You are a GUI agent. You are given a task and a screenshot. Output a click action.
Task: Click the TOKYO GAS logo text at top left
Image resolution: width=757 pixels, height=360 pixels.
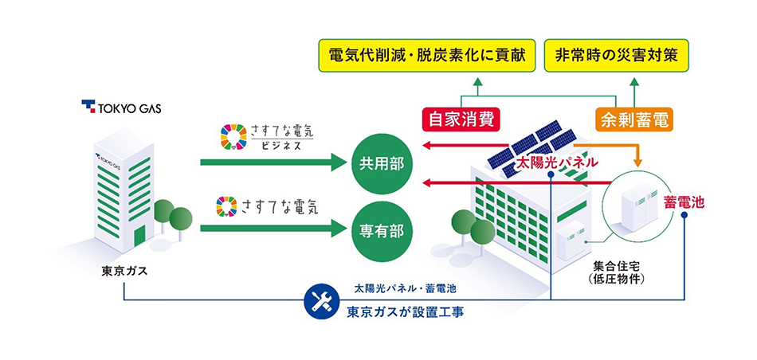(120, 107)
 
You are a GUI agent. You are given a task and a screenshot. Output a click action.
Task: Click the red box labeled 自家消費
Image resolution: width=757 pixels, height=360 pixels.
(460, 120)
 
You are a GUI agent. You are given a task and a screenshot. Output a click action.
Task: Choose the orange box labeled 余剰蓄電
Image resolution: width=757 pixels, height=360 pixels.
(634, 120)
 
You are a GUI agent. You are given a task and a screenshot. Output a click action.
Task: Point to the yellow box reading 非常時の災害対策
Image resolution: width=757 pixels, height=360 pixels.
(617, 57)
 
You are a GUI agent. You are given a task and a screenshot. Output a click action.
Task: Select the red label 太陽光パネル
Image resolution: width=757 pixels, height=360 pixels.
(558, 162)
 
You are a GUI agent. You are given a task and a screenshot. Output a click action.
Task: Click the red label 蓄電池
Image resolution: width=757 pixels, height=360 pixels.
(684, 203)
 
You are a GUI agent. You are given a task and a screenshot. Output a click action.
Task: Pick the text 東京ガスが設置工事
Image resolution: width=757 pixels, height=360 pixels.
(406, 311)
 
